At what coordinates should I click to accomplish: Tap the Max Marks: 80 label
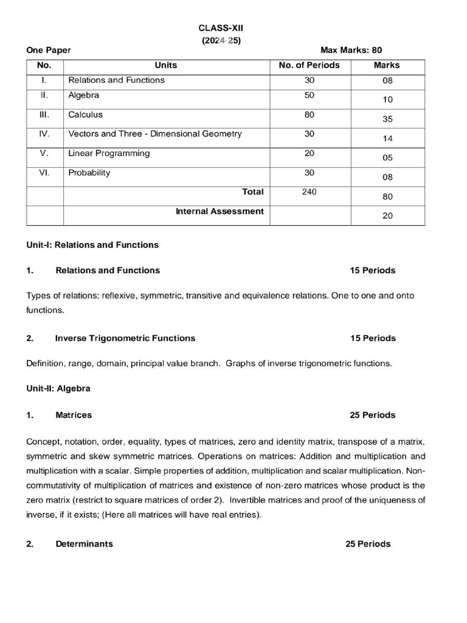tap(351, 50)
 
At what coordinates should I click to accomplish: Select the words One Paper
tap(49, 50)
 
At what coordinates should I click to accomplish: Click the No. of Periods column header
tap(309, 65)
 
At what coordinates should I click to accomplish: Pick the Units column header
tap(166, 65)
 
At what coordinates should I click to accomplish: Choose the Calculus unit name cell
tap(86, 114)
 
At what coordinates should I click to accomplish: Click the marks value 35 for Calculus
tap(387, 119)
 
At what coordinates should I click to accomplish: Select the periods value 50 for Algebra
tap(309, 96)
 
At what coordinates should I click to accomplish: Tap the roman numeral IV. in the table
tap(44, 134)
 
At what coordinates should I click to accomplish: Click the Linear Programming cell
tap(109, 153)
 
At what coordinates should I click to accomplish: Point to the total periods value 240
tap(309, 192)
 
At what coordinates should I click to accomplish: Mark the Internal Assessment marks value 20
tap(387, 215)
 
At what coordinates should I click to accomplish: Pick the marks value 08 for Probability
tap(387, 177)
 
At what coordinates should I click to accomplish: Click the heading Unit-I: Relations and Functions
tap(92, 245)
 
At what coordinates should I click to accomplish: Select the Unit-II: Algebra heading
tap(58, 388)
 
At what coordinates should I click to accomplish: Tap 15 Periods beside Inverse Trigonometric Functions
tap(372, 338)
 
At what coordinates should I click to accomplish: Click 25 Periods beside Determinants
tap(368, 544)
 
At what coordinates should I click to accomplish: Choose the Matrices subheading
tap(74, 415)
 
